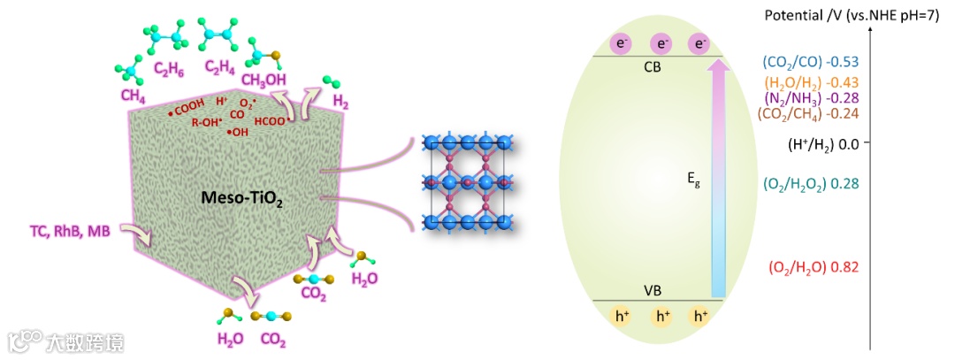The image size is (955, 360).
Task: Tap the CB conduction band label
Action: coord(656,67)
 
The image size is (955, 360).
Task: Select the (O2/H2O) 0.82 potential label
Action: coord(814,266)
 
